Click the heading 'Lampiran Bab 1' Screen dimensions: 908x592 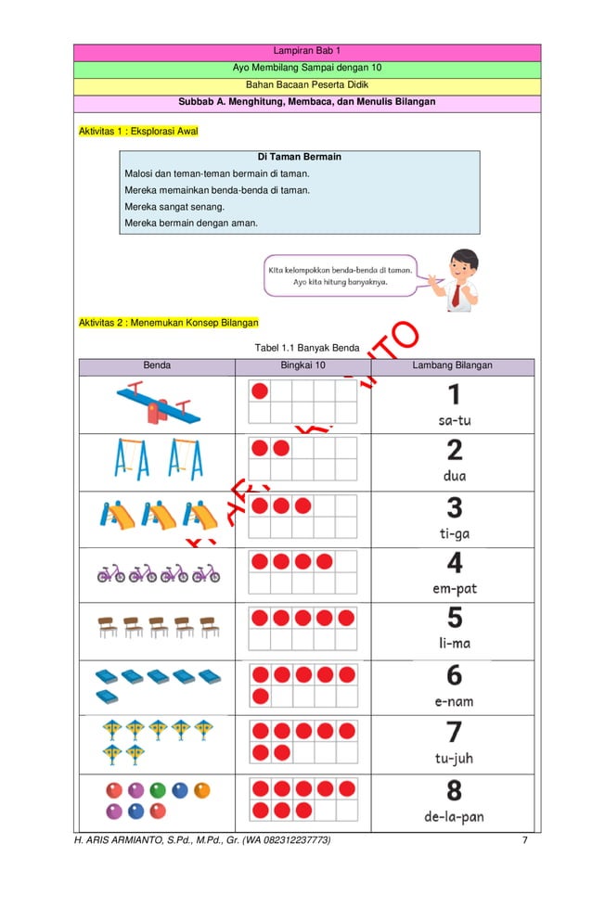306,51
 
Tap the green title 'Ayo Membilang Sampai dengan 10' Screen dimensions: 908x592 306,68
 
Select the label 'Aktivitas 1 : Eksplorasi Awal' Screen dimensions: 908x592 138,132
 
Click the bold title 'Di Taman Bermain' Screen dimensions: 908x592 299,157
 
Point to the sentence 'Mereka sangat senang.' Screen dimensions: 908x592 174,207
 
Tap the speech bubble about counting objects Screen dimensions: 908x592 340,275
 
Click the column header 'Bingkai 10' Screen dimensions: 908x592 302,365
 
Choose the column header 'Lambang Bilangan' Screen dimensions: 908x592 452,365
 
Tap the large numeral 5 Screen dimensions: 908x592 454,618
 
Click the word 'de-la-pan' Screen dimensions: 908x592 454,817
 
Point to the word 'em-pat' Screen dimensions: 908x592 454,588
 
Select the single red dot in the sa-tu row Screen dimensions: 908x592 260,391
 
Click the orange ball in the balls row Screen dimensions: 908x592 201,791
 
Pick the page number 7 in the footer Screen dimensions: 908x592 524,840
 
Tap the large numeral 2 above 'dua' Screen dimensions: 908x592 454,451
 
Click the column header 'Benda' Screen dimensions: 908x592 157,365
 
